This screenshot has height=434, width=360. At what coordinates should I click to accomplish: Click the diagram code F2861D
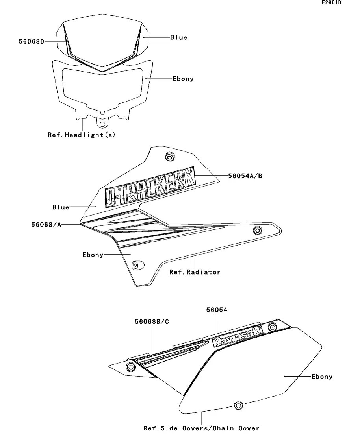tap(331, 3)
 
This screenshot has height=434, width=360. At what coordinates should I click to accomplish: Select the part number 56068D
tap(31, 41)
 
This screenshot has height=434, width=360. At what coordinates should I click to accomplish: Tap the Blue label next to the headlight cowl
tap(179, 37)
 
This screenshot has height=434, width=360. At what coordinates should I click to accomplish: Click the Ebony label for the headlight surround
tap(183, 79)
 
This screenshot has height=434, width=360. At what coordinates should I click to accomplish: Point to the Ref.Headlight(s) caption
tap(82, 135)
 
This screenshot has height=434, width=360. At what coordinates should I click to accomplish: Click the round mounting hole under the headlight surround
tap(103, 124)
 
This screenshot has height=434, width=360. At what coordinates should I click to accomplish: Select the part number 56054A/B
tap(245, 176)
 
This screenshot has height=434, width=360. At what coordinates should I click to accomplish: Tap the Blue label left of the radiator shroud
tap(61, 207)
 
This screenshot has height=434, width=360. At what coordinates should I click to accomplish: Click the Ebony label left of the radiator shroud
tap(93, 255)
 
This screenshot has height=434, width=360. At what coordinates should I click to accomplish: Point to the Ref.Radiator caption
tap(195, 272)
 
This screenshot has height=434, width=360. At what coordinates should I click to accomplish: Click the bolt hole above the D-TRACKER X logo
tap(169, 158)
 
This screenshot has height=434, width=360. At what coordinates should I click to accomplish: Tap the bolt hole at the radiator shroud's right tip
tap(258, 230)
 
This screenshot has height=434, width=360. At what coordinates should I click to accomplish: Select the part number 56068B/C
tap(152, 321)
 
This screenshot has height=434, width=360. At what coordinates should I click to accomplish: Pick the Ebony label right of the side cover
tap(322, 377)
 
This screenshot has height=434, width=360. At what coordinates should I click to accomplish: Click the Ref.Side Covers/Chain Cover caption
tap(201, 428)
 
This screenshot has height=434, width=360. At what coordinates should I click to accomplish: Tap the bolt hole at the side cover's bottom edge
tap(238, 405)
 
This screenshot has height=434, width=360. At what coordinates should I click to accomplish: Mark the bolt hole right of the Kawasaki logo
tap(272, 327)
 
